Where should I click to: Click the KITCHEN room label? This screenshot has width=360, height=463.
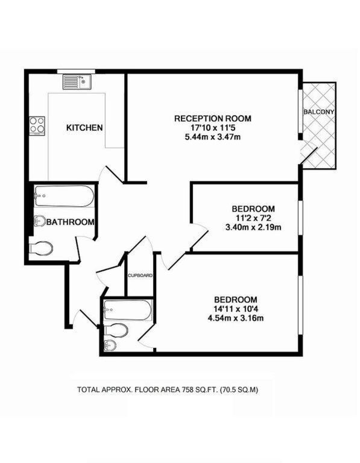(x=84, y=128)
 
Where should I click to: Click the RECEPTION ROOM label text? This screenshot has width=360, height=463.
(x=212, y=118)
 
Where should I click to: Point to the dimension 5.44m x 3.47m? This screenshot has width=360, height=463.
(x=212, y=137)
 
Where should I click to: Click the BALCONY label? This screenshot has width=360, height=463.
(x=319, y=112)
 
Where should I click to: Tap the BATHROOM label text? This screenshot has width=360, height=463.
(x=71, y=222)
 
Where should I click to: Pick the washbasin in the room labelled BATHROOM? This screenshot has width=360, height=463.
(x=39, y=221)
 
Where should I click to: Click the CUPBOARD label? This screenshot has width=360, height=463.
(x=140, y=276)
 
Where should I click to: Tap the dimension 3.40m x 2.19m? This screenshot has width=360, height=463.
(x=253, y=227)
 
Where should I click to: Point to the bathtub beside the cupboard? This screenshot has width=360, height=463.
(x=128, y=312)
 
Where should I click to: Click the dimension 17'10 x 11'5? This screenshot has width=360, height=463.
(x=212, y=128)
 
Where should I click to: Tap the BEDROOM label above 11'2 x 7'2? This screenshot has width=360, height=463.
(x=253, y=209)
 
